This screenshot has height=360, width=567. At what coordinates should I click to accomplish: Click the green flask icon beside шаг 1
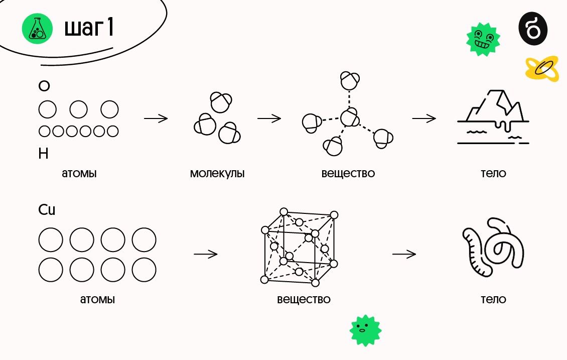37,29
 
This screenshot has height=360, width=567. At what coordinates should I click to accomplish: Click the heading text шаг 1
89,29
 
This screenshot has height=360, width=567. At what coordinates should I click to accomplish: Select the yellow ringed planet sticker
541,69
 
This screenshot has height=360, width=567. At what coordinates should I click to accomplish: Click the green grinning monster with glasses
483,39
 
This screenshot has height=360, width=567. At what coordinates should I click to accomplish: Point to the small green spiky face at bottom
365,330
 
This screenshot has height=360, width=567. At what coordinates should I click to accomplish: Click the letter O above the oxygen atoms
44,86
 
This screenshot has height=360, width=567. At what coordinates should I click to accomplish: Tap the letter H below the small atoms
44,154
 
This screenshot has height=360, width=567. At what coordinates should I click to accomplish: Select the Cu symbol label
47,210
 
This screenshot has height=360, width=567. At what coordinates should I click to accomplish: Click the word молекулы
217,174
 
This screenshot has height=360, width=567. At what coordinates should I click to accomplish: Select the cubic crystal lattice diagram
300,247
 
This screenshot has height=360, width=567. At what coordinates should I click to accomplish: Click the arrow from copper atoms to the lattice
205,254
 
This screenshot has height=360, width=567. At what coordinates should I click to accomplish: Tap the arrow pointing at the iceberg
424,119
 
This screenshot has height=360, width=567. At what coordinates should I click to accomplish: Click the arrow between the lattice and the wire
404,254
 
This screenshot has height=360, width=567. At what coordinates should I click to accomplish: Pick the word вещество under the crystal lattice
304,300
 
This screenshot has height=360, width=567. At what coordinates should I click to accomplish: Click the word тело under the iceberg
493,174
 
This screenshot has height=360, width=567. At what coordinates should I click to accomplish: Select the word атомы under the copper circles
97,300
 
